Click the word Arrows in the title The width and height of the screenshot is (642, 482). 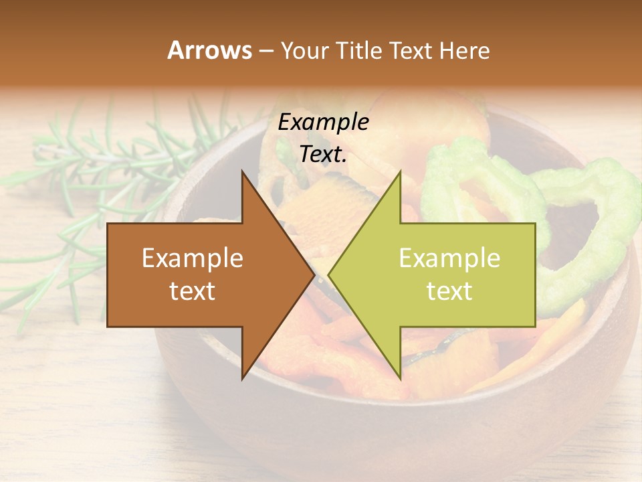point(209,50)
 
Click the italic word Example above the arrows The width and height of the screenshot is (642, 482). point(323,122)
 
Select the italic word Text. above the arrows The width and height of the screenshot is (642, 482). point(323,154)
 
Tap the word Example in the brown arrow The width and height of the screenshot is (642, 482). point(193,258)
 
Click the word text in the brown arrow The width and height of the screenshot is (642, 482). point(193,291)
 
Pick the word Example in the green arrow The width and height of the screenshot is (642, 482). point(449,258)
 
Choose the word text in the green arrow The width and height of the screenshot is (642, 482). point(449,291)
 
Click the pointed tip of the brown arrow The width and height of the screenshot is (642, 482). point(314,274)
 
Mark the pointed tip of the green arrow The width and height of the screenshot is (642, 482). point(329,274)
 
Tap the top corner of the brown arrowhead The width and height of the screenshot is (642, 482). point(243,172)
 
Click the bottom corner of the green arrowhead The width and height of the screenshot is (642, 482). point(400,378)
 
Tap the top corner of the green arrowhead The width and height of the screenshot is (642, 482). point(400,172)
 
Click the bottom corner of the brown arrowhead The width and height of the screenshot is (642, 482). point(243,378)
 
